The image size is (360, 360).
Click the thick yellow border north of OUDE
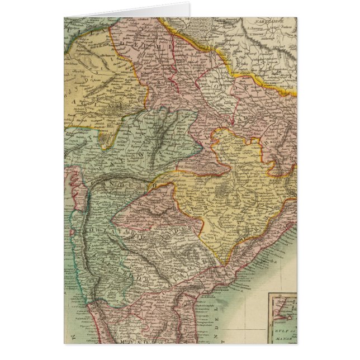(224, 59)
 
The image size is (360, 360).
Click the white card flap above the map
(129, 11)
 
